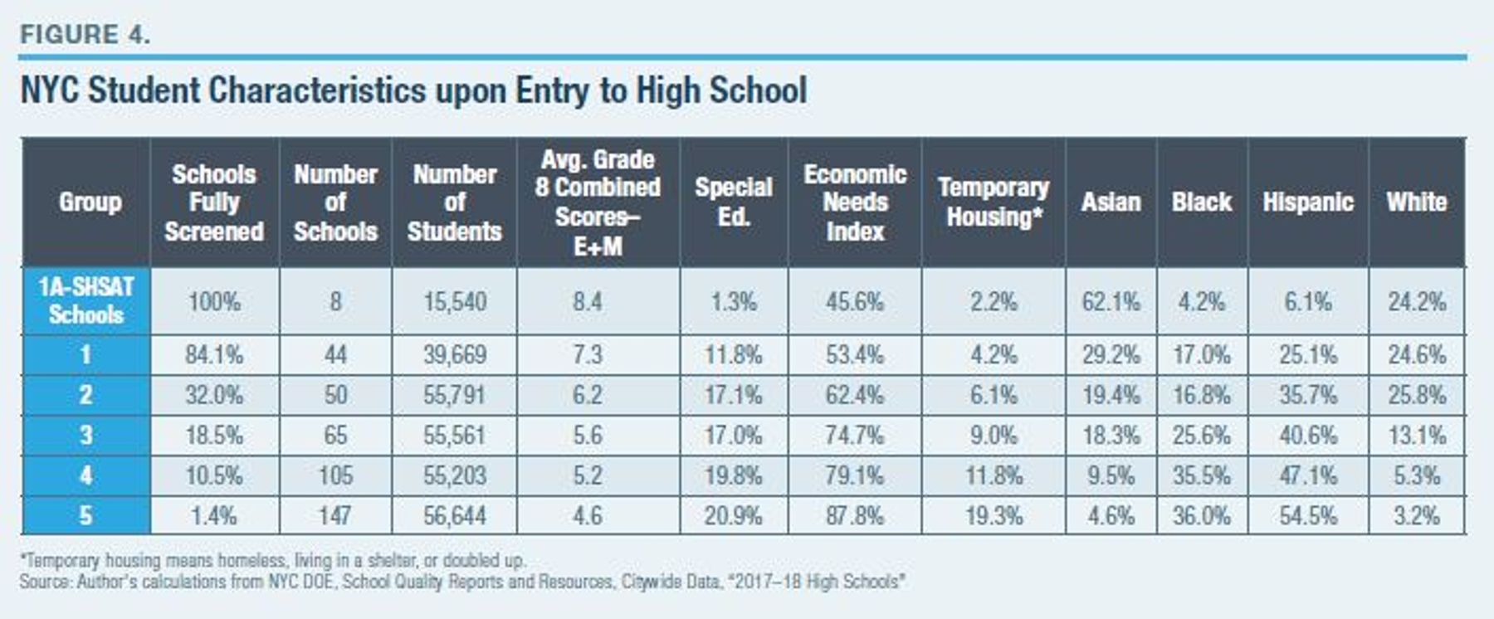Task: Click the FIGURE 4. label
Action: point(85,35)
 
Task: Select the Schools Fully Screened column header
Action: point(214,202)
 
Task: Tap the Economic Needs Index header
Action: point(855,202)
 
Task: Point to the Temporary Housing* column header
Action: point(994,202)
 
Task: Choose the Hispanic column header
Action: point(1308,202)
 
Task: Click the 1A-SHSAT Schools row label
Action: point(86,300)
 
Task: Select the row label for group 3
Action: point(86,435)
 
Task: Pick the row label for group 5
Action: point(86,515)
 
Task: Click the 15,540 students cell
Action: point(455,301)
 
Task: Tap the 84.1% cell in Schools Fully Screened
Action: point(214,355)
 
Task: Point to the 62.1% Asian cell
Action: point(1111,301)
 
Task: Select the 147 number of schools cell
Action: point(335,515)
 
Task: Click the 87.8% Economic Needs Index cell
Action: point(855,515)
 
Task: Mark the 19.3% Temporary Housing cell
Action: point(994,515)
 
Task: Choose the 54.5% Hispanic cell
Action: point(1308,515)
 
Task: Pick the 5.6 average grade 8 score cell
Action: point(588,435)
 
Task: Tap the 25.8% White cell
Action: point(1417,395)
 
